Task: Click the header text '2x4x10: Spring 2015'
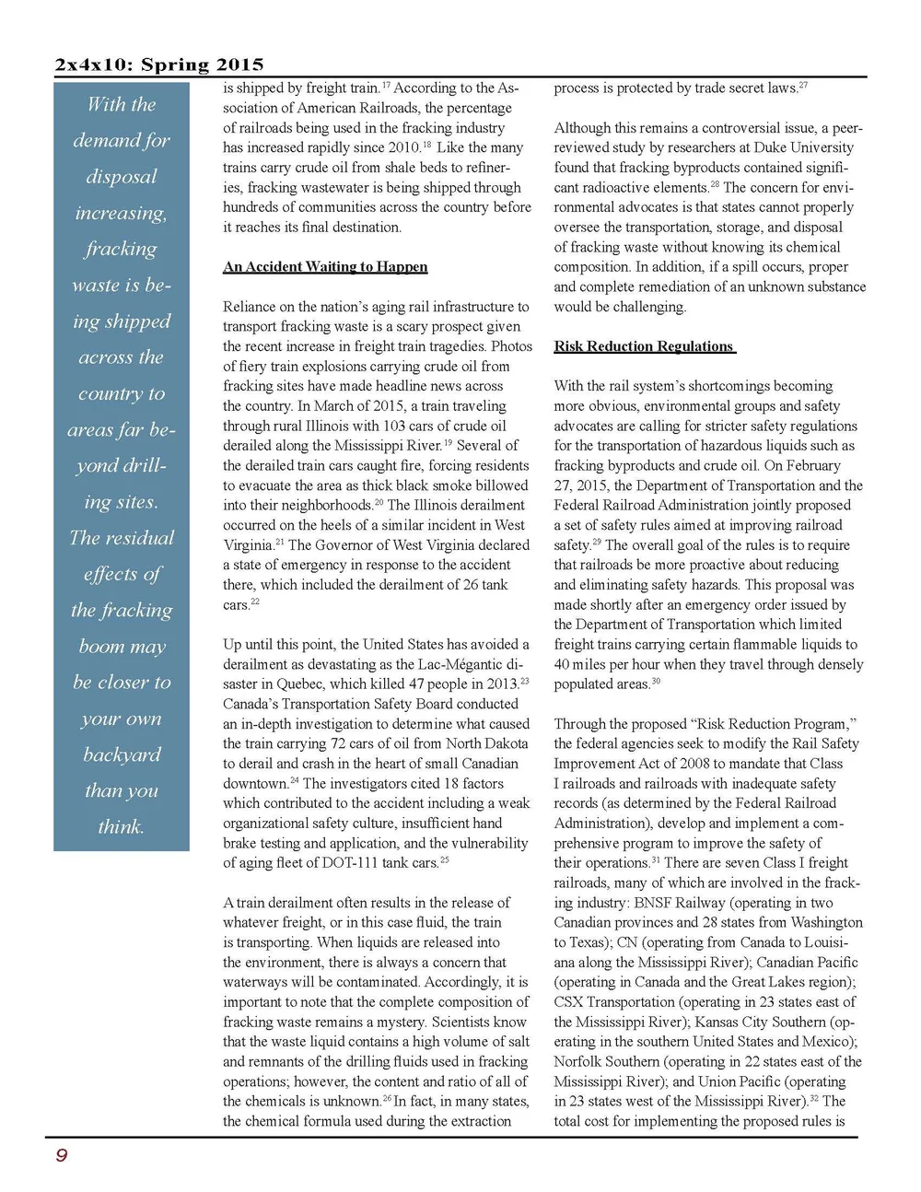(159, 64)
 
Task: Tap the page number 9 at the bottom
(61, 1155)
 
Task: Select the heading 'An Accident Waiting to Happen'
(325, 266)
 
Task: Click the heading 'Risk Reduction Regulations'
(644, 346)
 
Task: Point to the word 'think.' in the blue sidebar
(121, 826)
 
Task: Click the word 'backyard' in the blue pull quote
(122, 754)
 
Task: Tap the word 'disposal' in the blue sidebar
(122, 176)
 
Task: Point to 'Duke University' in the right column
(805, 147)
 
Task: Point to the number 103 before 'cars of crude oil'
(395, 427)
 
